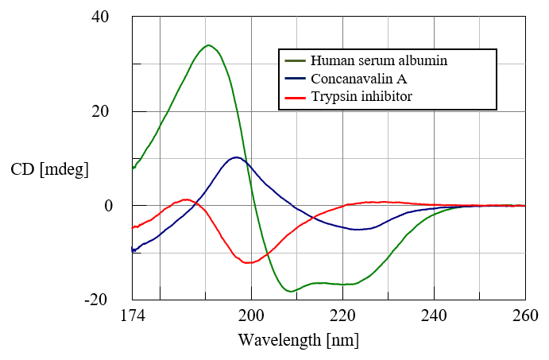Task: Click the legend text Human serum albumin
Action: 379,60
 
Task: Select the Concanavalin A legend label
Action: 358,79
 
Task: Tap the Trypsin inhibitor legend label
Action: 361,97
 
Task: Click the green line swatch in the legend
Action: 295,60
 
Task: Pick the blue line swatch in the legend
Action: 295,79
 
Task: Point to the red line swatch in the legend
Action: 295,97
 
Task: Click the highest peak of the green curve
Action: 208,45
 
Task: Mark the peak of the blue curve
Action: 237,157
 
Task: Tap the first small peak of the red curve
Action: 187,199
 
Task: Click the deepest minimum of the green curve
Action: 292,292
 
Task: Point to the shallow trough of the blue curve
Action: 361,229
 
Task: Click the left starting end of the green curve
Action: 133,168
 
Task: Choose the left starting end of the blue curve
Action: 133,251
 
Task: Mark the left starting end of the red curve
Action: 133,228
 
